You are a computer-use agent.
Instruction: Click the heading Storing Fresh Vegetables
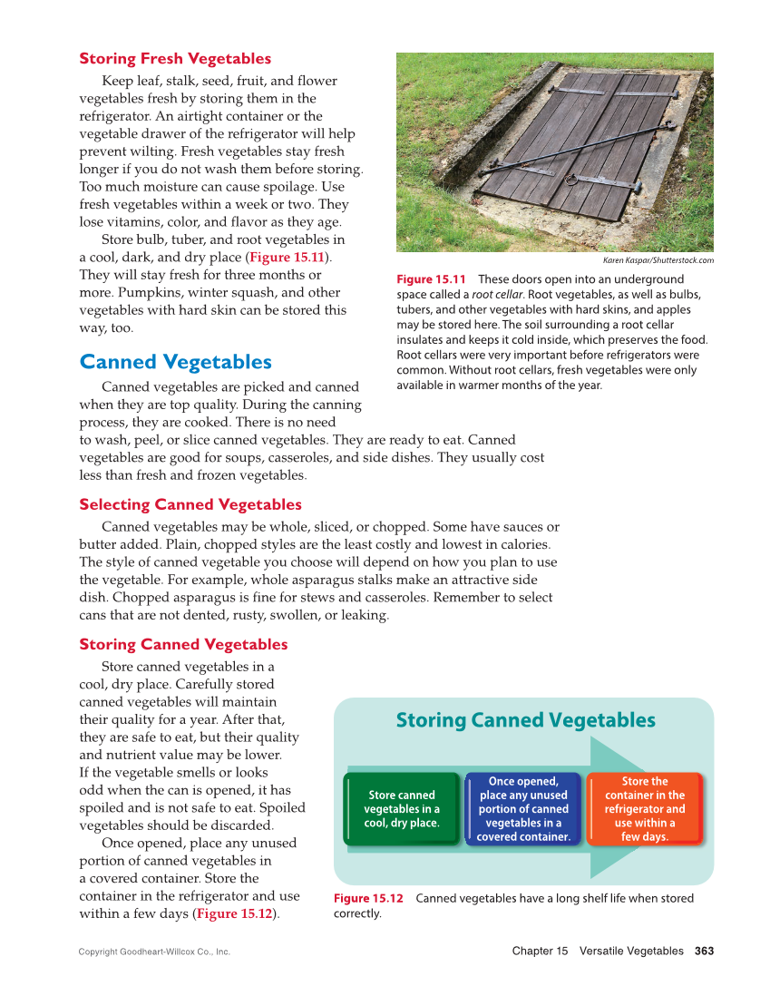(x=175, y=59)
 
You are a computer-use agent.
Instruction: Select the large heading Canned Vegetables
(x=175, y=362)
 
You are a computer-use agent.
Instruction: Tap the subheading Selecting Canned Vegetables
(x=190, y=504)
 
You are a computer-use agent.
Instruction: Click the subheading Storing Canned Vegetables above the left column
(x=183, y=644)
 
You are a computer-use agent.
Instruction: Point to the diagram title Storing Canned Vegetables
(x=525, y=720)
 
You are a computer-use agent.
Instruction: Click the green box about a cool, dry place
(x=402, y=809)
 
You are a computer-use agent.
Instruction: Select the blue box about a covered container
(x=523, y=809)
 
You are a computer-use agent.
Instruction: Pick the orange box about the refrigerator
(x=645, y=809)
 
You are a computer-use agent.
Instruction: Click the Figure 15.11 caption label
(x=431, y=279)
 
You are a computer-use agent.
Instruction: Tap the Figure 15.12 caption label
(x=368, y=898)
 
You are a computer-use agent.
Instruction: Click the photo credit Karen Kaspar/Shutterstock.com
(x=658, y=260)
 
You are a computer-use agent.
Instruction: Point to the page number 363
(x=705, y=951)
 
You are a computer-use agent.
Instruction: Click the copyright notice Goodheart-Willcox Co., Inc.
(x=154, y=952)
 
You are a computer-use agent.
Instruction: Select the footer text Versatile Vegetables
(x=631, y=951)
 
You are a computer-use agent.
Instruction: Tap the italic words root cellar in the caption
(x=496, y=295)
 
